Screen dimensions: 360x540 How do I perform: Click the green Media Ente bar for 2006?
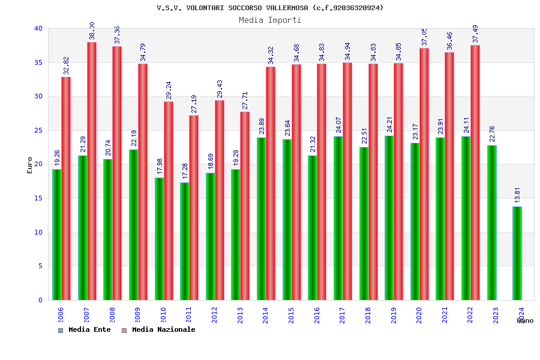click(56, 235)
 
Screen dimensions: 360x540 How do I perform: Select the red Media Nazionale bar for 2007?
click(92, 171)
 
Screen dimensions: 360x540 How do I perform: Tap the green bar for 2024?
click(517, 253)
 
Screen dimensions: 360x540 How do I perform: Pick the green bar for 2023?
click(492, 223)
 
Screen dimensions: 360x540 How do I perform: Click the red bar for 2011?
click(194, 208)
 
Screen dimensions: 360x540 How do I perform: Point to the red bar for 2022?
click(475, 173)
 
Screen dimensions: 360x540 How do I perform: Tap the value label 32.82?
click(67, 65)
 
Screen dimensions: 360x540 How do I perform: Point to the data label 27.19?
click(194, 104)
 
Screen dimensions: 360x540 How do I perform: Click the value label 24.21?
click(389, 124)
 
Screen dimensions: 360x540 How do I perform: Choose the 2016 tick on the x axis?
click(317, 316)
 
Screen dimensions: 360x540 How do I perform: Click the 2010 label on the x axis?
click(163, 316)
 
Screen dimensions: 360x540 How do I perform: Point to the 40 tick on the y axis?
click(38, 28)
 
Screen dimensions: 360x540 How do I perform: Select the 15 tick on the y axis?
click(38, 198)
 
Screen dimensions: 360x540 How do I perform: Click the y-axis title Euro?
click(30, 165)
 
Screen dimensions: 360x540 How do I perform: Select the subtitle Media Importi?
click(270, 20)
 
